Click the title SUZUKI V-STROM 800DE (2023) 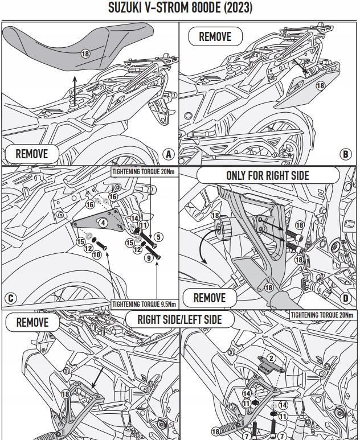pyautogui.click(x=180, y=8)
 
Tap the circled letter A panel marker pyautogui.click(x=168, y=154)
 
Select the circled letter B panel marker pyautogui.click(x=345, y=154)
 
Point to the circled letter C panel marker pyautogui.click(x=10, y=299)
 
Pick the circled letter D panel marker pyautogui.click(x=346, y=298)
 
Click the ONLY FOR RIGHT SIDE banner pyautogui.click(x=267, y=175)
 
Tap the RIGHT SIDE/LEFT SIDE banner pyautogui.click(x=179, y=319)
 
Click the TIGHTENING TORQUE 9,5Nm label pyautogui.click(x=144, y=304)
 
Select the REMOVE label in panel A pyautogui.click(x=31, y=154)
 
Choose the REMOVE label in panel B pyautogui.click(x=215, y=36)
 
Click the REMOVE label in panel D pyautogui.click(x=209, y=298)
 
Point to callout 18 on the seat pyautogui.click(x=85, y=54)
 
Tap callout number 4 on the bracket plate pyautogui.click(x=103, y=223)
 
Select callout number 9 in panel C pyautogui.click(x=149, y=258)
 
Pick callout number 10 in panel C pyautogui.click(x=97, y=254)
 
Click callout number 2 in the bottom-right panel pyautogui.click(x=272, y=358)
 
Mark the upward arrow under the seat pyautogui.click(x=75, y=91)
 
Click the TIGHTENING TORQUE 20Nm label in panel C pyautogui.click(x=144, y=171)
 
